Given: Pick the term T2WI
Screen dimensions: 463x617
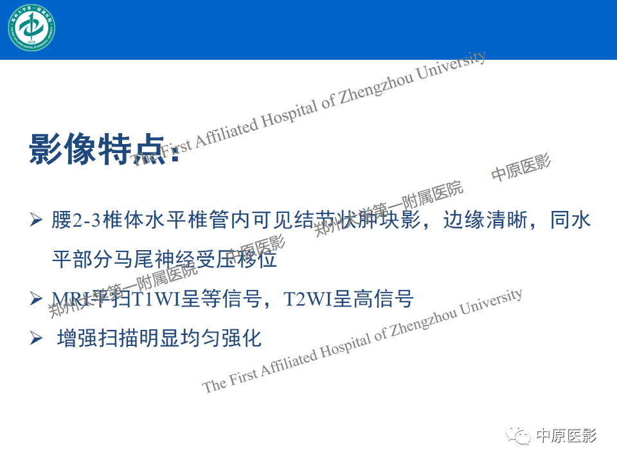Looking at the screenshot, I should click(308, 298).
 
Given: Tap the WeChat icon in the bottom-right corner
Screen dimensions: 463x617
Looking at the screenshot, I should click(519, 437).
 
